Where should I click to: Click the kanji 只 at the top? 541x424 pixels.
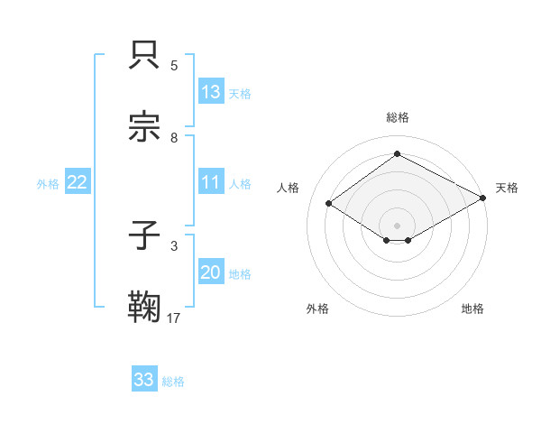145,55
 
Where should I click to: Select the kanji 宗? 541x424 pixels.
145,127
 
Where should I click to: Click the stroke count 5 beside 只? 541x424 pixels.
174,65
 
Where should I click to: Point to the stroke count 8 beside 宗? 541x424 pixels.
174,137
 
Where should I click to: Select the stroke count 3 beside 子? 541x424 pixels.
174,245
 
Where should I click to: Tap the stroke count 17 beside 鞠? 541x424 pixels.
174,318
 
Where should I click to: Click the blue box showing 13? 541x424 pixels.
211,92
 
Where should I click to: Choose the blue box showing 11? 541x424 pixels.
211,182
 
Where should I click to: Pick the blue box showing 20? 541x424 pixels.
211,272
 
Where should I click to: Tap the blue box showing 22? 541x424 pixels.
77,182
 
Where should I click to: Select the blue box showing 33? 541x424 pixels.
144,380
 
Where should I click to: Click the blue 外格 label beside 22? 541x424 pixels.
48,183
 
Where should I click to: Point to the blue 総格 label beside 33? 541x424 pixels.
174,381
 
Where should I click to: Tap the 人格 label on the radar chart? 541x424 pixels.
289,188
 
